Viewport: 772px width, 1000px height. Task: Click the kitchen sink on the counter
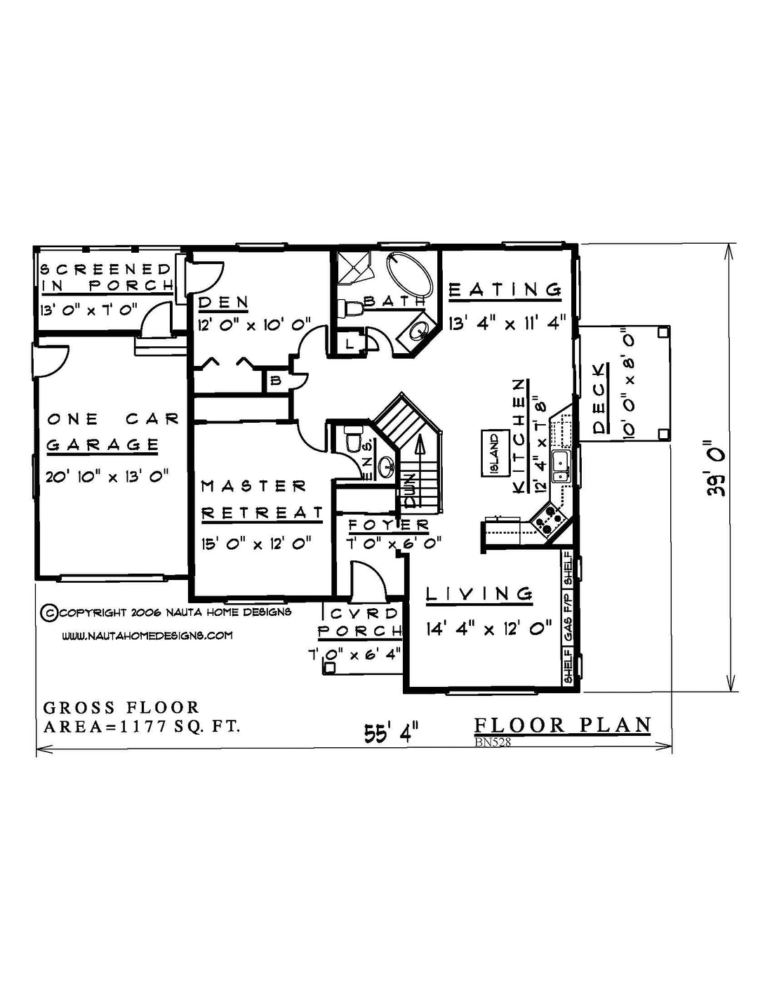561,466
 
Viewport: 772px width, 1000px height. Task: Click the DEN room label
223,303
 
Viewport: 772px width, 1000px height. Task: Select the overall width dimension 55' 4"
392,732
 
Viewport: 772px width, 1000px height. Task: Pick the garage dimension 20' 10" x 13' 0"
107,476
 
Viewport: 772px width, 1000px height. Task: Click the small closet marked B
276,381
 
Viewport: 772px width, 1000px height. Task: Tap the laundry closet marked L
350,343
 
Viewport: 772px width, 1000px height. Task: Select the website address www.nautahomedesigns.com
147,636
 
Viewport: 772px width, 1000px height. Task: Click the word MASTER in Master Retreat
254,486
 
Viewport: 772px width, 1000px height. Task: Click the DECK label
599,399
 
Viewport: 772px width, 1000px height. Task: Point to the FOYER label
389,525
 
